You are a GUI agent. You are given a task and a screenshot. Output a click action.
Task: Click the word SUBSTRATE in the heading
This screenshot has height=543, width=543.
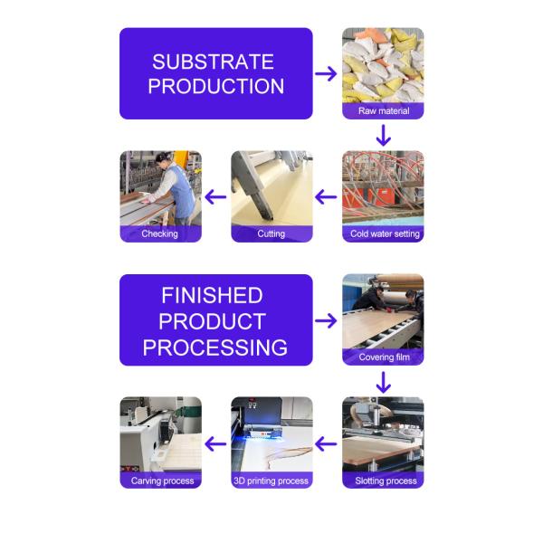(213, 62)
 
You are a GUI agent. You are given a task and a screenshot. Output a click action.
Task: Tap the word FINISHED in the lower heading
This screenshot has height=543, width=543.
(213, 295)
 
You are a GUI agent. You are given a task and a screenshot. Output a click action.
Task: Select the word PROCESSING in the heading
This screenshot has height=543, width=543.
(215, 348)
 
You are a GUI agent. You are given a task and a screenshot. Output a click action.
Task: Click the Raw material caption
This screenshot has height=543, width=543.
(384, 110)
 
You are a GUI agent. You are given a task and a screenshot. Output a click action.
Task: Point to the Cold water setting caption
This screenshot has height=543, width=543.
(385, 233)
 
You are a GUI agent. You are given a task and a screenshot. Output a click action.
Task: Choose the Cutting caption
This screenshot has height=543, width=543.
(271, 233)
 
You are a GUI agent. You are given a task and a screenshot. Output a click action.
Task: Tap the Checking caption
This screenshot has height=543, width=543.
(159, 233)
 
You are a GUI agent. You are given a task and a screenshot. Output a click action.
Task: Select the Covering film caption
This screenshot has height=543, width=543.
(384, 357)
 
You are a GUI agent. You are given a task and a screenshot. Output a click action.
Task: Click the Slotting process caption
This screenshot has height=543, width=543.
(386, 481)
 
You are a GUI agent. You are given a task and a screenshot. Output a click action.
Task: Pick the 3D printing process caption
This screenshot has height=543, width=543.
(271, 481)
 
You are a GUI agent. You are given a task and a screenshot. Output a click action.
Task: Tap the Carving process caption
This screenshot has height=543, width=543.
(162, 481)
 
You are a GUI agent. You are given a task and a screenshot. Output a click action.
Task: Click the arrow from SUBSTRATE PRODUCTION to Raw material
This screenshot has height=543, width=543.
(326, 74)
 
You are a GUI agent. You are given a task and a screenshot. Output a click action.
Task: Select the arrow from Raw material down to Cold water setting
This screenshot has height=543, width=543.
(384, 136)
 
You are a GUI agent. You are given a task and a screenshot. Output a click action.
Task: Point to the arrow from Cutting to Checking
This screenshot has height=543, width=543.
(215, 197)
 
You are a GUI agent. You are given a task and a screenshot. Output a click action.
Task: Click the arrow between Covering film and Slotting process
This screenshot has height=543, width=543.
(384, 382)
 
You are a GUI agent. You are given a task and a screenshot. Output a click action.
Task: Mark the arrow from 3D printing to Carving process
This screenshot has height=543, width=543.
(215, 444)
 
